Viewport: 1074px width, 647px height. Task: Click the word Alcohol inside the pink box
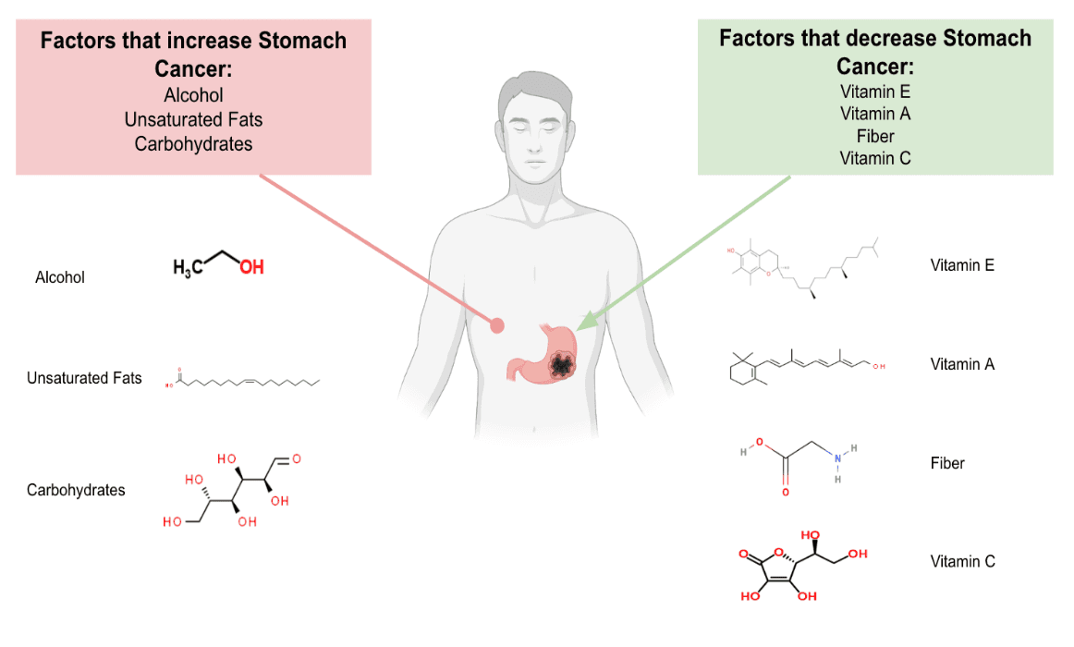193,95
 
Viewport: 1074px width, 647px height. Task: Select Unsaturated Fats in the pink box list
193,119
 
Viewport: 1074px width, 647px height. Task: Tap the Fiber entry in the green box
874,136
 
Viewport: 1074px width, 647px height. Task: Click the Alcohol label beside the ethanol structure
60,277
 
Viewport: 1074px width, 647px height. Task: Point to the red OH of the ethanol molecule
251,267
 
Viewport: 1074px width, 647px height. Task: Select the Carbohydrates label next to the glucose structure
76,490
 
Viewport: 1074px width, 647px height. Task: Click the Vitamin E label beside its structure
962,265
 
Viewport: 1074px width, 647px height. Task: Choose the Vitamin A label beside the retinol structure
962,364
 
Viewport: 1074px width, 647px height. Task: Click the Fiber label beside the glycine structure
947,463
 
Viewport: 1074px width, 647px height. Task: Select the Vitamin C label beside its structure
962,561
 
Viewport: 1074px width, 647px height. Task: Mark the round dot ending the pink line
497,324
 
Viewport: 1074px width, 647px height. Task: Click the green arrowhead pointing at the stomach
583,323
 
